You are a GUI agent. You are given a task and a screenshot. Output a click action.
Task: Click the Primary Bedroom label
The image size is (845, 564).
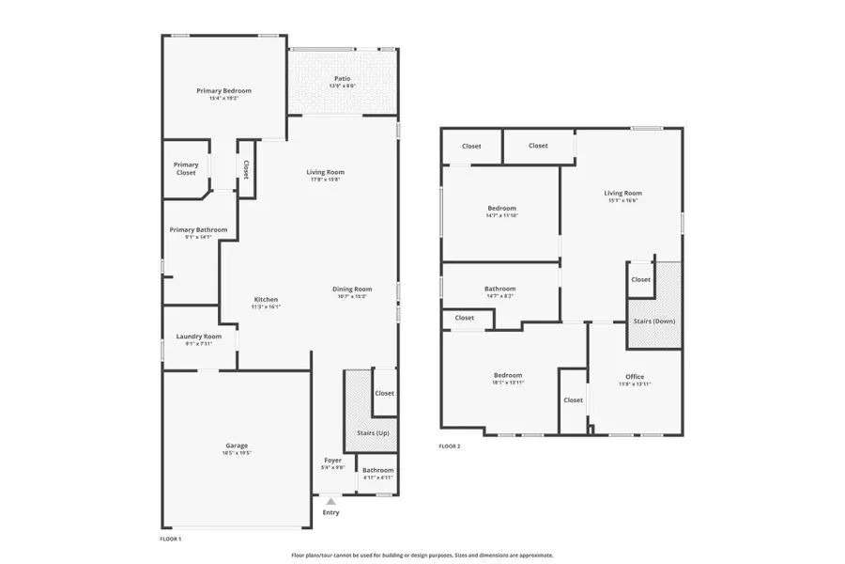tap(223, 91)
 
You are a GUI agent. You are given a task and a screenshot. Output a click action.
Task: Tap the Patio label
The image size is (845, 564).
tap(342, 79)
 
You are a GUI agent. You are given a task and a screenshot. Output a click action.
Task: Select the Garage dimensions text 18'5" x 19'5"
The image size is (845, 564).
tap(237, 453)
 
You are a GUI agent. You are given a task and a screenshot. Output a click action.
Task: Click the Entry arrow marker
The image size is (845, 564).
tap(330, 502)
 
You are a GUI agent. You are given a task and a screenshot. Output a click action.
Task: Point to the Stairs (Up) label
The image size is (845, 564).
tap(373, 432)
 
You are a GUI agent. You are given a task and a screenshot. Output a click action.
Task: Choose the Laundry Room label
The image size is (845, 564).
tap(199, 337)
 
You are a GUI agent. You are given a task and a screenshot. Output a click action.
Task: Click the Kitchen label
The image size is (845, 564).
tap(266, 299)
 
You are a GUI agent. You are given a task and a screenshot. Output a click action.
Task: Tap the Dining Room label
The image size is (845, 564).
tap(352, 289)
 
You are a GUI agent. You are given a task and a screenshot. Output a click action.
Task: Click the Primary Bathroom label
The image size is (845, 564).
tap(198, 229)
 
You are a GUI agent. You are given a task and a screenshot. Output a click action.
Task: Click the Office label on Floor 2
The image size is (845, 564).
tap(635, 377)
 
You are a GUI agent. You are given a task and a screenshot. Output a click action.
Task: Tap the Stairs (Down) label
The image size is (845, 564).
tap(654, 321)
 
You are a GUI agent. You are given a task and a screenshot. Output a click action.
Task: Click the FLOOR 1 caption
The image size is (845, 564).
tap(170, 540)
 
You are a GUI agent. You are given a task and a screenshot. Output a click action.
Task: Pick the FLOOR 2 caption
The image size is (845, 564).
tap(450, 446)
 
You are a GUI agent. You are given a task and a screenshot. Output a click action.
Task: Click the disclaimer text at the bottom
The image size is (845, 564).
tap(422, 555)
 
